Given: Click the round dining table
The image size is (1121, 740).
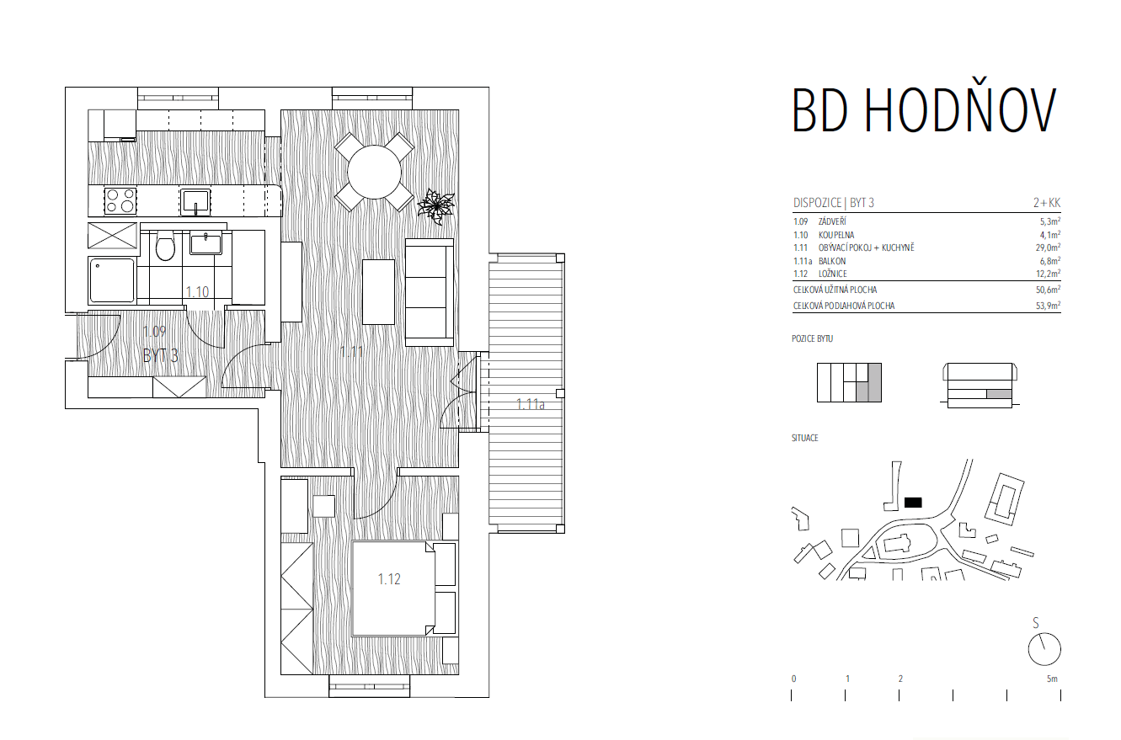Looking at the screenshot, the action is [x=374, y=172].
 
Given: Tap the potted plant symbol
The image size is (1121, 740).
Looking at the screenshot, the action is [x=436, y=206].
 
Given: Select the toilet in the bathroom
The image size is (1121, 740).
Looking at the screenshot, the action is [x=164, y=245].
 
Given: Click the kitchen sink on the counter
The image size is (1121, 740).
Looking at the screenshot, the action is [x=195, y=202].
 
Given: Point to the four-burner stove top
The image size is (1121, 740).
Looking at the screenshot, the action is [x=120, y=201].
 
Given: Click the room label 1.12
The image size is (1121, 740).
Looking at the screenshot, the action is [x=389, y=579].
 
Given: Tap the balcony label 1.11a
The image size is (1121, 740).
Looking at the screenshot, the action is [x=531, y=404].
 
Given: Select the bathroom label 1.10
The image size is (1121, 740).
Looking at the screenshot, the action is [x=197, y=291].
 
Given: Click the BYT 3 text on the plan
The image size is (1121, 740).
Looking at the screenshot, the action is [x=160, y=356].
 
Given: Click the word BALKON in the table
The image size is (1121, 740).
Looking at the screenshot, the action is [x=832, y=261].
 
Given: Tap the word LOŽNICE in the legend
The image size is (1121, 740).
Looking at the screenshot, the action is [x=833, y=274].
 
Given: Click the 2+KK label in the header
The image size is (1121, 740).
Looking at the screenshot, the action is [x=1047, y=203].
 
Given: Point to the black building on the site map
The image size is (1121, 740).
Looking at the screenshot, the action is [x=913, y=503].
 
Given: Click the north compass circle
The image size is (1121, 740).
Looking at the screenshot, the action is [x=1044, y=649].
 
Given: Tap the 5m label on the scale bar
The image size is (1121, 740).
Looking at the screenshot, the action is [x=1052, y=679].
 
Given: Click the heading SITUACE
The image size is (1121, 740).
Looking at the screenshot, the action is [x=804, y=439].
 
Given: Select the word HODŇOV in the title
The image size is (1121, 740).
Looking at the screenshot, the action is [x=961, y=110].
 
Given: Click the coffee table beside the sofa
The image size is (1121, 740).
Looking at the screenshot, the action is [x=378, y=291].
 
